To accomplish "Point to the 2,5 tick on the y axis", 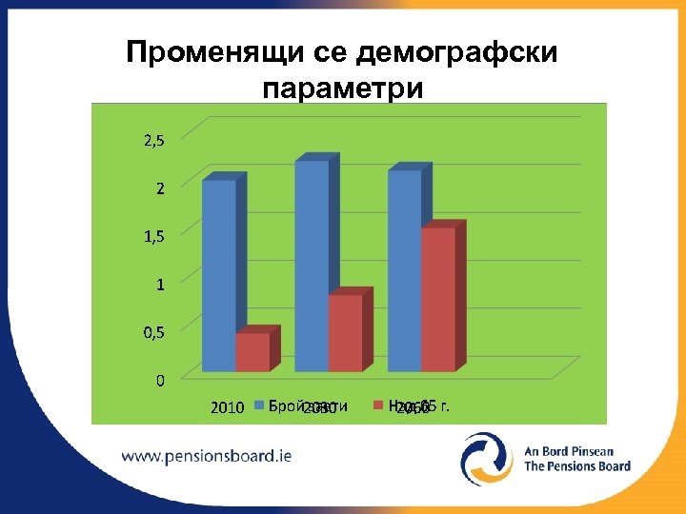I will [153, 141].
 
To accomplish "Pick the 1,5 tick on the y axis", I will [153, 236].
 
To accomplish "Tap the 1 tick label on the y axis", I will [161, 284].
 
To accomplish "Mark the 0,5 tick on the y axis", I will [153, 332].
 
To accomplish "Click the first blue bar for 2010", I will [219, 275].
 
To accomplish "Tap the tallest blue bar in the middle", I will [312, 266].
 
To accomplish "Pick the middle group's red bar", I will [345, 332].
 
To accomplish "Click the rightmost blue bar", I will [404, 270].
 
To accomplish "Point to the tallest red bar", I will [438, 299].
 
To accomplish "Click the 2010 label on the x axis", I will [227, 409].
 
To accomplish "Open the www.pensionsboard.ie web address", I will [207, 455].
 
